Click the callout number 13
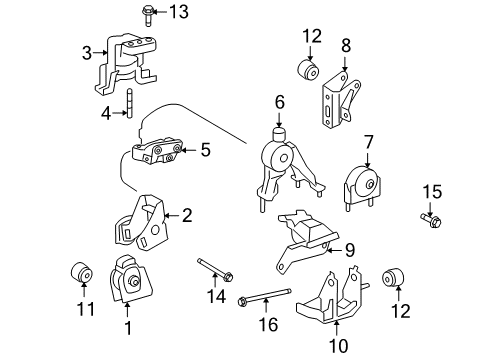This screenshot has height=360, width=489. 178,12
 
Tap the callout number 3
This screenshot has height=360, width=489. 87,53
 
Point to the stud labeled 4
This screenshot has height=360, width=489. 131,102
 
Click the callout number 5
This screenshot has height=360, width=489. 205,150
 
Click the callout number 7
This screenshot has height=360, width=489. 368,143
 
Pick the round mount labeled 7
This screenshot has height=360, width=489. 366,187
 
